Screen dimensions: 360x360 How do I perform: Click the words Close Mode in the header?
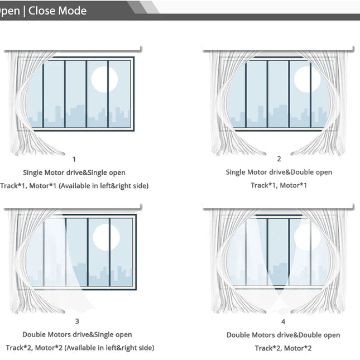[57, 11]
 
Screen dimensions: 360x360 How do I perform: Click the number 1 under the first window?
[74, 159]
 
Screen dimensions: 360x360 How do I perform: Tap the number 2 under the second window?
[279, 159]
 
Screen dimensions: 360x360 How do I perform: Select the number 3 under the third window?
[76, 321]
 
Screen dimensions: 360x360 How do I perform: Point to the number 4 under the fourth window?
[283, 321]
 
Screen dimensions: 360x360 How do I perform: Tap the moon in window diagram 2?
[306, 79]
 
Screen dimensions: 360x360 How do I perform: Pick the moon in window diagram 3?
[106, 236]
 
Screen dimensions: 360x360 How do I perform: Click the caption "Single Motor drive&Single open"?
[74, 172]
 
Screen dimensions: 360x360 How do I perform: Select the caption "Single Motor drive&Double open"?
[279, 172]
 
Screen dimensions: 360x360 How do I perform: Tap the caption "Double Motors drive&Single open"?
[77, 334]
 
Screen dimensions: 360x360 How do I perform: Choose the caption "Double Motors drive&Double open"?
[283, 335]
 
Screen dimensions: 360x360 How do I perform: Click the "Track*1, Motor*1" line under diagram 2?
[279, 185]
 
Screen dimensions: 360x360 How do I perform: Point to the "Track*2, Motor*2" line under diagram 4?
[283, 348]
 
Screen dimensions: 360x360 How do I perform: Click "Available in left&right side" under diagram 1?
[104, 185]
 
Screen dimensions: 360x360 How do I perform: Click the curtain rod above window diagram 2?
[279, 49]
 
